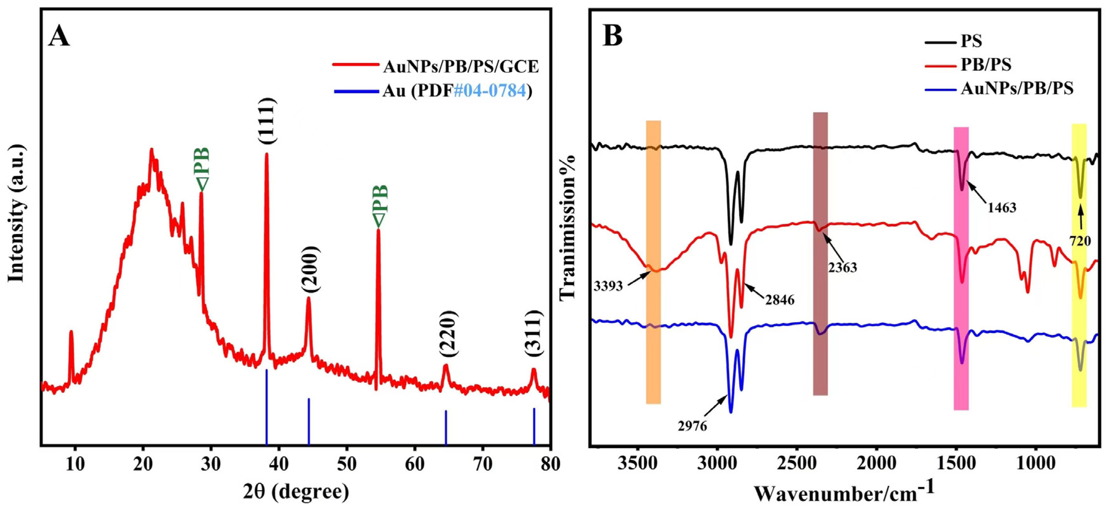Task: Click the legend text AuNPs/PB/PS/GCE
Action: click(461, 67)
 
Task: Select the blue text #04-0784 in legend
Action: click(490, 91)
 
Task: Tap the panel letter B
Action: click(613, 36)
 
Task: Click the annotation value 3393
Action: click(608, 286)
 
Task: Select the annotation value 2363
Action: click(842, 268)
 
